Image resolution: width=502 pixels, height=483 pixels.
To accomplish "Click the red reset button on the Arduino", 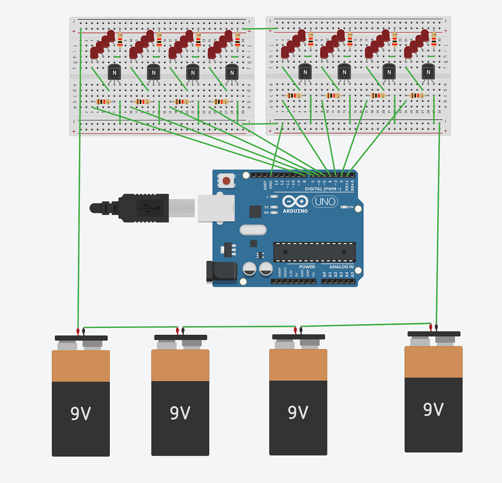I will tap(226, 181).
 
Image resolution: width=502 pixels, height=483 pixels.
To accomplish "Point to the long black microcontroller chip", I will tap(314, 252).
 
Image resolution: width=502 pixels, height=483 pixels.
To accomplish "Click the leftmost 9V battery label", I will tap(81, 414).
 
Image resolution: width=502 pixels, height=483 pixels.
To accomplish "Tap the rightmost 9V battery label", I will tap(433, 409).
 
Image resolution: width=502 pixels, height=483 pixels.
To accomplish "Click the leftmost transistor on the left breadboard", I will tap(114, 73).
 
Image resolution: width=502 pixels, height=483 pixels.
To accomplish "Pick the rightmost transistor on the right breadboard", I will tap(428, 73).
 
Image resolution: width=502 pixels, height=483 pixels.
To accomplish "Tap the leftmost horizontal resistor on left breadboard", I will tap(102, 102).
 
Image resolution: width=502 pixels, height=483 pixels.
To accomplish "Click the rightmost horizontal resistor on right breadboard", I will tap(417, 96).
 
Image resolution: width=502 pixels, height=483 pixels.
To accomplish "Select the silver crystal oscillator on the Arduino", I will tap(253, 229).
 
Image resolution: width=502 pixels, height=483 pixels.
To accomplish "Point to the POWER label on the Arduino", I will tap(307, 267).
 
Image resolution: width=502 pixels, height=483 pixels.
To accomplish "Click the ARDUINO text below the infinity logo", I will tap(295, 211).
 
